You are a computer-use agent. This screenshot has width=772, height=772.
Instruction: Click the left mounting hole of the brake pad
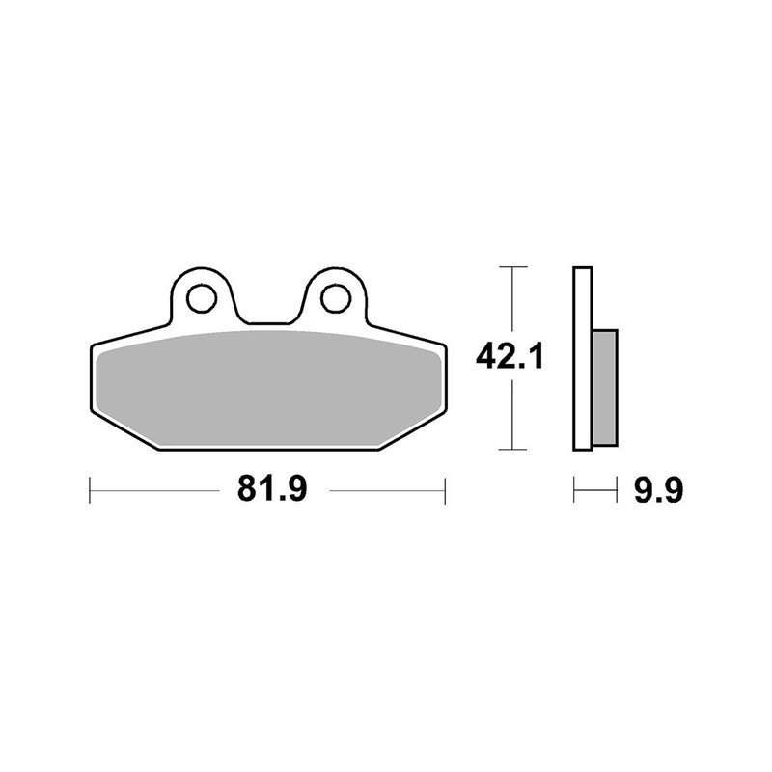[202, 298]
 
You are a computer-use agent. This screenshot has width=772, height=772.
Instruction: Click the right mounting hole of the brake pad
[335, 298]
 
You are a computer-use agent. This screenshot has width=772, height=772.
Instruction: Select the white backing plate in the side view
[581, 357]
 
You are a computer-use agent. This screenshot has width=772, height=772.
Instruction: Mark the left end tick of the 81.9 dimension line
[90, 489]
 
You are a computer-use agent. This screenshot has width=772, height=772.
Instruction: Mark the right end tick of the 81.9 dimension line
[445, 489]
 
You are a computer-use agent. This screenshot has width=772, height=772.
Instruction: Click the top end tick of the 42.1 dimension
[511, 265]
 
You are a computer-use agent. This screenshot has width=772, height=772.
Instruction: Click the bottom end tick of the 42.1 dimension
[511, 449]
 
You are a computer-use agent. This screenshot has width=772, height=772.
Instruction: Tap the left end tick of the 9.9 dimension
[574, 490]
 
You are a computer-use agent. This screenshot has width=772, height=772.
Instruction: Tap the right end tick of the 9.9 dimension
[616, 490]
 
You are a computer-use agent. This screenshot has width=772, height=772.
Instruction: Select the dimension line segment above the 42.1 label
[511, 299]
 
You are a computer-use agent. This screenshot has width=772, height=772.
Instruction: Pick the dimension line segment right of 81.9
[386, 489]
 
